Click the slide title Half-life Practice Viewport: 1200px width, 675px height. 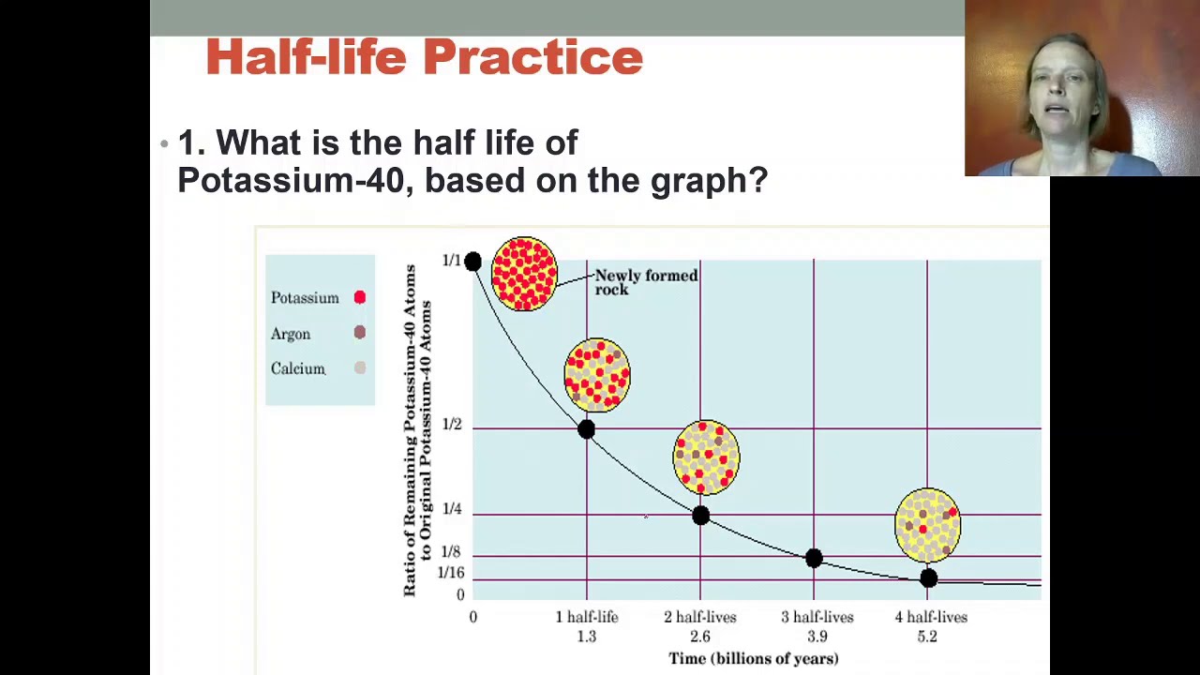424,57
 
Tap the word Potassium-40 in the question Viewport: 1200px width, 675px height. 290,180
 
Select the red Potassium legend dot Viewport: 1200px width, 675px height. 359,297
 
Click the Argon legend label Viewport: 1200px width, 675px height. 291,334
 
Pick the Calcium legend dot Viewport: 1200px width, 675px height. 359,368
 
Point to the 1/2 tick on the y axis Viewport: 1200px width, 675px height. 452,425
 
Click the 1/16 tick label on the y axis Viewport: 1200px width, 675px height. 451,573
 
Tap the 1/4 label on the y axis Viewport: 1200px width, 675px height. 452,509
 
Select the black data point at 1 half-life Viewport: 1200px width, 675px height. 586,429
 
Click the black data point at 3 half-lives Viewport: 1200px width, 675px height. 814,559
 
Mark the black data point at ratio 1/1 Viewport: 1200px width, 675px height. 472,262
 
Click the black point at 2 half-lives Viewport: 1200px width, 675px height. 700,516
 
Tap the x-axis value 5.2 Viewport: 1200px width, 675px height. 927,637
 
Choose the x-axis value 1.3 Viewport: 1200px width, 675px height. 586,637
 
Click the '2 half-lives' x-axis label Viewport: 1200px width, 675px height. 700,617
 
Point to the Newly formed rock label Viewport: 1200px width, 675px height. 646,282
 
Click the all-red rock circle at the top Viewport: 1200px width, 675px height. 524,274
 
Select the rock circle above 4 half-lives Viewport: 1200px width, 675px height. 927,525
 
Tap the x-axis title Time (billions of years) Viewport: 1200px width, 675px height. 753,658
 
